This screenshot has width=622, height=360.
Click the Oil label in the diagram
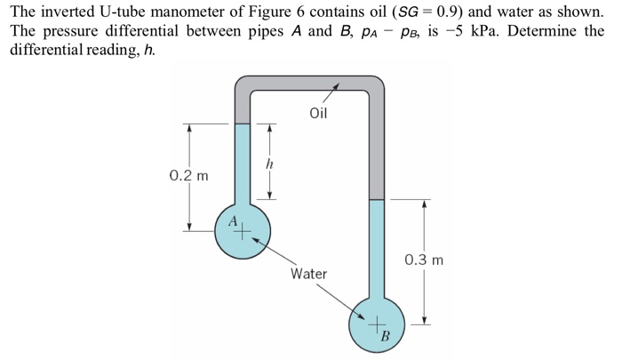(x=318, y=114)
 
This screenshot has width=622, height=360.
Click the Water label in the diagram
(x=308, y=274)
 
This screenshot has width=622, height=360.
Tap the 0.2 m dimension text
(x=187, y=175)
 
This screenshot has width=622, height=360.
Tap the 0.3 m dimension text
(x=423, y=260)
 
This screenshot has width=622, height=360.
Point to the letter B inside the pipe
(x=385, y=336)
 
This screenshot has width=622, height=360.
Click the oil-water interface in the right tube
(x=378, y=199)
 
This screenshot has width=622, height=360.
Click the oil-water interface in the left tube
(x=243, y=124)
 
